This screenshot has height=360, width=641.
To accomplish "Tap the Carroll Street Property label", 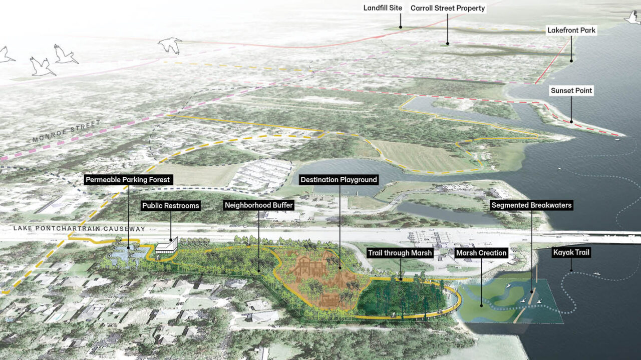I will tap(448, 9).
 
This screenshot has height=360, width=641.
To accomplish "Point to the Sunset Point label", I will tap(571, 91).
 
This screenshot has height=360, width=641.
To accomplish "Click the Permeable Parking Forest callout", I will tap(128, 179).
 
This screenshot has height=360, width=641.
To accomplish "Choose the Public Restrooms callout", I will tap(171, 205).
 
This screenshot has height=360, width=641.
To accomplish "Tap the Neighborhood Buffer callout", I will tap(258, 205).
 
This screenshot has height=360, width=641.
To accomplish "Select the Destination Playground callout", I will tap(339, 179).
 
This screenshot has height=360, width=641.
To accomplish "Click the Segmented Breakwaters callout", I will tap(531, 205).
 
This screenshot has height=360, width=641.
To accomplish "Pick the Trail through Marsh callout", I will tap(401, 253).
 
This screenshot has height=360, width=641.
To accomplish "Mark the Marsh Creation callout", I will tap(481, 253).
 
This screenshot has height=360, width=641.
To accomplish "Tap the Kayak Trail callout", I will tap(571, 253).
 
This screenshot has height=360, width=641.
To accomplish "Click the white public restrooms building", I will tap(166, 245).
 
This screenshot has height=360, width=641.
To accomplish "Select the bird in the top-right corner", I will tap(632, 18).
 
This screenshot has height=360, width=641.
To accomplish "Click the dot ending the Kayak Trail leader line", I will tap(571, 271).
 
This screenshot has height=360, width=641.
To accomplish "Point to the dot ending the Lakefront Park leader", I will tap(571, 61).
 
